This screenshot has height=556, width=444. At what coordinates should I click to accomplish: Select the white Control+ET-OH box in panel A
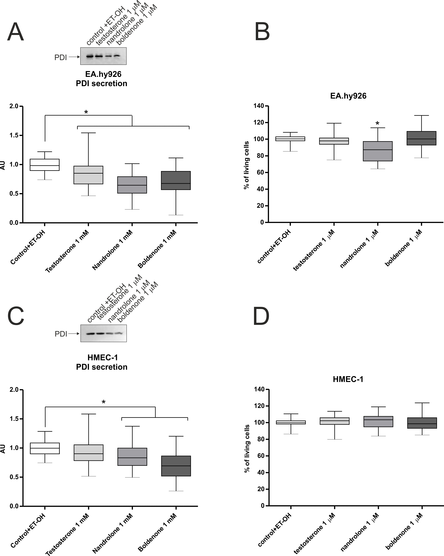(x=45, y=165)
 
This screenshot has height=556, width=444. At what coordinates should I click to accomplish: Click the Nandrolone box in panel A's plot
(x=132, y=185)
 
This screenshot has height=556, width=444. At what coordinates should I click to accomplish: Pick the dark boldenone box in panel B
(x=421, y=138)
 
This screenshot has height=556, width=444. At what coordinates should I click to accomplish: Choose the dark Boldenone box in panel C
(x=176, y=466)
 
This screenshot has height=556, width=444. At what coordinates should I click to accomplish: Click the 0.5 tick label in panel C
(x=14, y=477)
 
